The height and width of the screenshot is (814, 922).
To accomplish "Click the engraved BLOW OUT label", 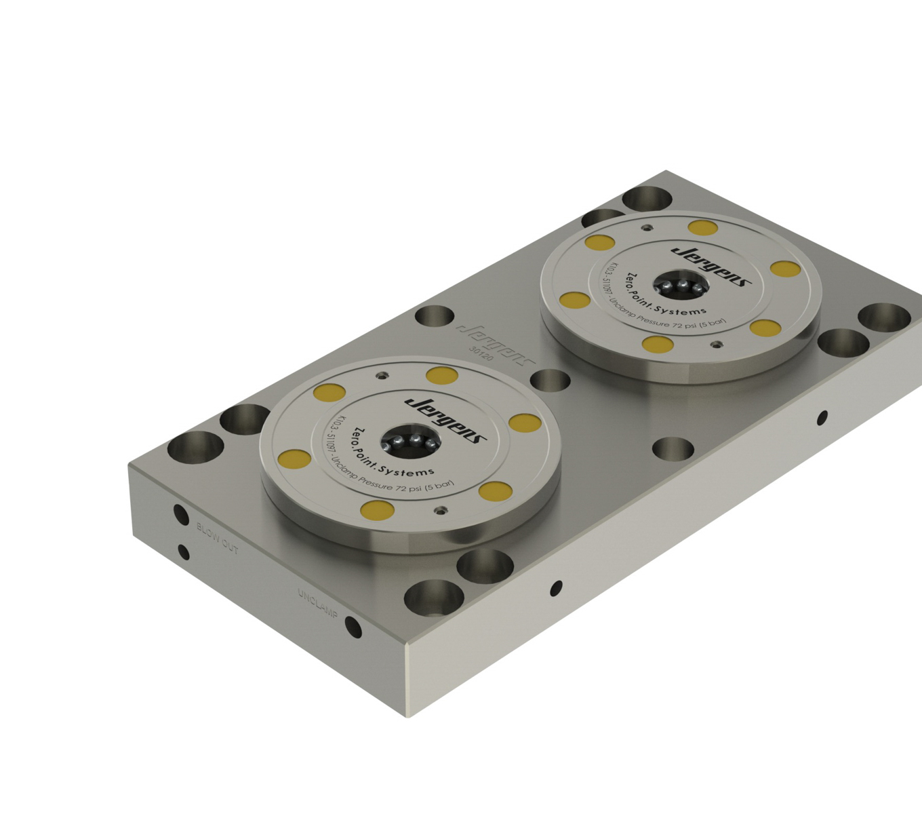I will (x=218, y=537).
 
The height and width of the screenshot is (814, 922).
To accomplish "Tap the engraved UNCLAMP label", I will (x=317, y=603).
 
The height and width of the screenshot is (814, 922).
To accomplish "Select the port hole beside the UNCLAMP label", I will (x=353, y=627).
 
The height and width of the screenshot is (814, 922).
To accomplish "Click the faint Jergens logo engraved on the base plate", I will (x=496, y=343).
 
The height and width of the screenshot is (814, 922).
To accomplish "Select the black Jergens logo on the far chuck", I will (x=711, y=265).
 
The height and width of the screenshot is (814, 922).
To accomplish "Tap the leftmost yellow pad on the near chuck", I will (x=295, y=459).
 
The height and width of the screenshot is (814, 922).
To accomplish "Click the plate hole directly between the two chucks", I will (x=550, y=381).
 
